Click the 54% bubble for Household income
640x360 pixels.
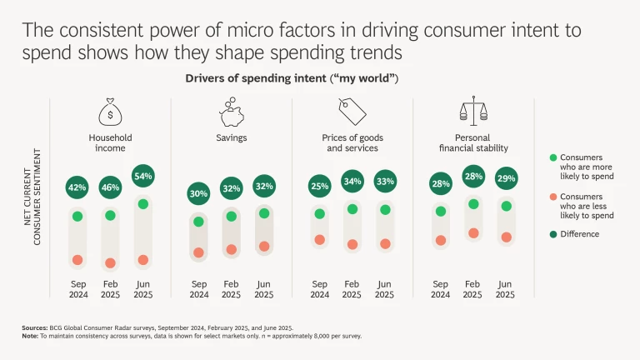pos(142,177)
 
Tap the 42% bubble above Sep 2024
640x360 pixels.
pos(77,187)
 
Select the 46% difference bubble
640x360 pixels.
pos(110,187)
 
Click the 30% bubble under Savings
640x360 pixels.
pos(198,193)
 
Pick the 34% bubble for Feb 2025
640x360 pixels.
pos(352,181)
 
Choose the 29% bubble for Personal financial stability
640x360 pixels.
pos(505,179)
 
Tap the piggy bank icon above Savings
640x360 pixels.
pos(232,112)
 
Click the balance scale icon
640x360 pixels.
pos(473,112)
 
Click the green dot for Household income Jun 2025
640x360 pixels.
pos(142,204)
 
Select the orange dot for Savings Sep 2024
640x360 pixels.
pos(198,252)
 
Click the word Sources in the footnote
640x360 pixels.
pos(34,328)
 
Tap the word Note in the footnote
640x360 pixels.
pos(29,336)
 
